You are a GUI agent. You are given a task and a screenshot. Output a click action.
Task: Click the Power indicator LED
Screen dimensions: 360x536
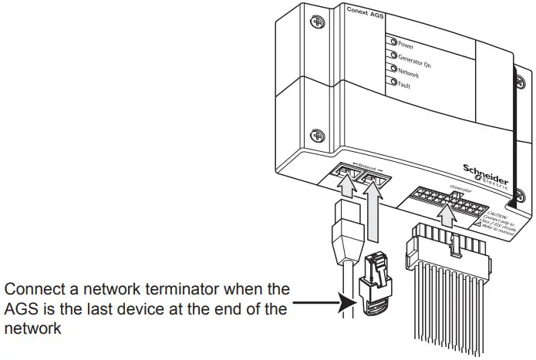click(x=393, y=44)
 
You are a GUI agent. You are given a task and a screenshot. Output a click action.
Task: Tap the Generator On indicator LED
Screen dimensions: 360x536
click(x=393, y=56)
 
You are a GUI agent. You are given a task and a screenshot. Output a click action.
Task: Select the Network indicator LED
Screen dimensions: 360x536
click(x=393, y=69)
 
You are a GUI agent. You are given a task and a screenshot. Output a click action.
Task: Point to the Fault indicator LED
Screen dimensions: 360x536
click(x=393, y=82)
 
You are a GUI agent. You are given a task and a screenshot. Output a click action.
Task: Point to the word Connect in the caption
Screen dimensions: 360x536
click(x=30, y=290)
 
